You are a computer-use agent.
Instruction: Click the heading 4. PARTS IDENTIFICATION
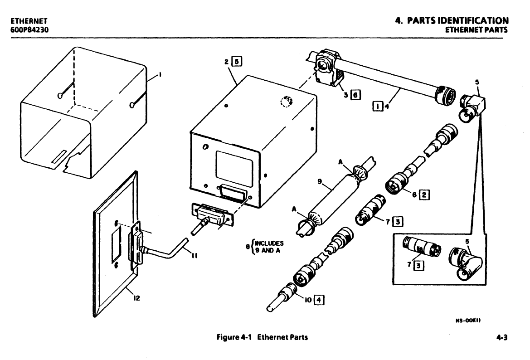click(451, 21)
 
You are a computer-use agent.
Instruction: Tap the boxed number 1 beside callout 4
click(377, 106)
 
